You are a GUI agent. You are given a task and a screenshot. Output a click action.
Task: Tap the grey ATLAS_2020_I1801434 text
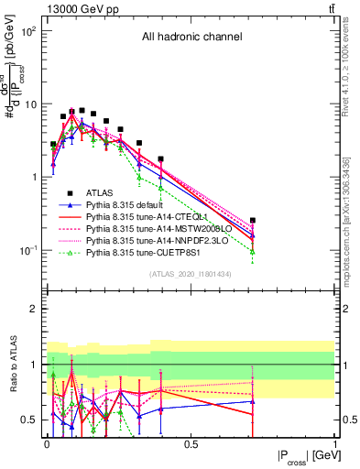(190, 274)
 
